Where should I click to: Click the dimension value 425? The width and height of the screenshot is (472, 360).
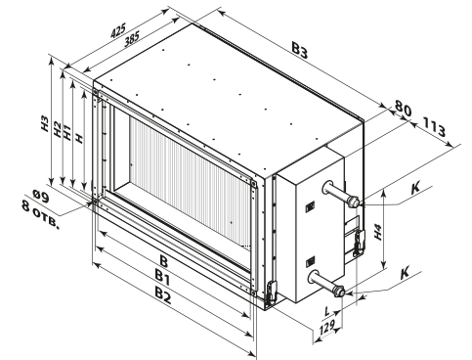click(x=118, y=31)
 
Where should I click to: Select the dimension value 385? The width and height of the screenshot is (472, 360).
click(x=132, y=39)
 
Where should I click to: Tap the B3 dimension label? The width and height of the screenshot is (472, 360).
click(x=299, y=51)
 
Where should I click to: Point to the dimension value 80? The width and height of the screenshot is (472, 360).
click(x=403, y=109)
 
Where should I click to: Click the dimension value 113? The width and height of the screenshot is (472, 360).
click(x=434, y=127)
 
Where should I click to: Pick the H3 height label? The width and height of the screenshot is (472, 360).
click(x=45, y=124)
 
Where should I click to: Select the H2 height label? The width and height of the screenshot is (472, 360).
click(x=57, y=129)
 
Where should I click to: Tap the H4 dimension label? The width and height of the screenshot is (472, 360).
click(x=377, y=232)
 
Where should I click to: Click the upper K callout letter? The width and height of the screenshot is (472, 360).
click(x=415, y=188)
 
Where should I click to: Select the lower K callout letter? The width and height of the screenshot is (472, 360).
click(x=405, y=273)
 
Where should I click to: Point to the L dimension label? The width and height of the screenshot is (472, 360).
click(x=327, y=311)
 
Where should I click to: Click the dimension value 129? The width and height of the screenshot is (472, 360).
click(x=326, y=328)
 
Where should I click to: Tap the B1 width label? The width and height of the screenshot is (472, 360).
click(x=162, y=278)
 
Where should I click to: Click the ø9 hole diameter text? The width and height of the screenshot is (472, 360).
click(x=41, y=197)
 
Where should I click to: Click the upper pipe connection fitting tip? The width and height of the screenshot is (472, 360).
click(x=354, y=202)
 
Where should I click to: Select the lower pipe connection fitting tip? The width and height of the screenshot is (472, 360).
click(x=339, y=291)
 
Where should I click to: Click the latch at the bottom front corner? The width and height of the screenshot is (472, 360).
click(x=271, y=292)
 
